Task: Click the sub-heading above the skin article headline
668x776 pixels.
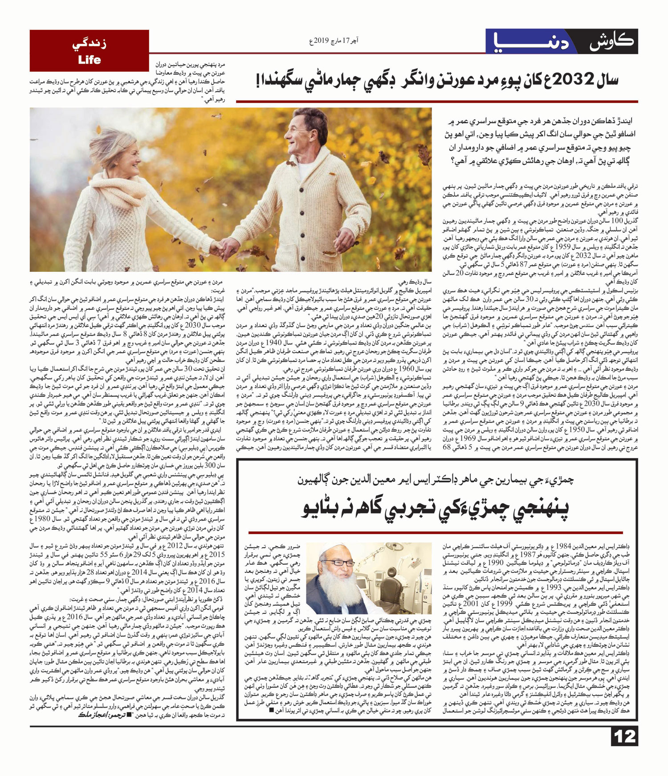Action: [x=436, y=480]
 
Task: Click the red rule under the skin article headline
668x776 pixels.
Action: [x=436, y=533]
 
